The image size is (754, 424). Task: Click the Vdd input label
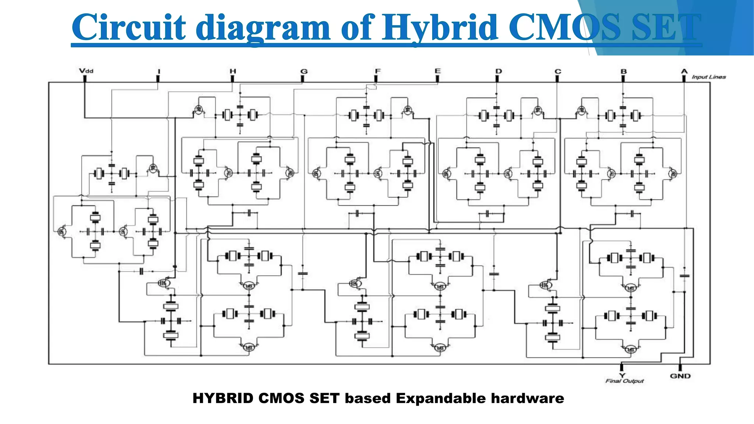(86, 70)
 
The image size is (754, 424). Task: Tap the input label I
(159, 71)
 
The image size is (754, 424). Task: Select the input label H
(233, 71)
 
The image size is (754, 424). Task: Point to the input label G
(304, 71)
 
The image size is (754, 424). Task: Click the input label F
(377, 71)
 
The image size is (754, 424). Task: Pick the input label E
(437, 71)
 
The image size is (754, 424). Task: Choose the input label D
(498, 71)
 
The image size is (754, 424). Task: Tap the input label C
(558, 71)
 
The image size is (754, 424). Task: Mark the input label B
(623, 71)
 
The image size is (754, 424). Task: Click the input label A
(684, 71)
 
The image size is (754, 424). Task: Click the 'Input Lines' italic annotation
(708, 77)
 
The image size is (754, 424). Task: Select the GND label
(680, 376)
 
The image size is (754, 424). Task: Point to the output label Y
(622, 375)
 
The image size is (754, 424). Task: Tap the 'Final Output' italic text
(624, 381)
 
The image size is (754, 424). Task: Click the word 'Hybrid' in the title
(440, 28)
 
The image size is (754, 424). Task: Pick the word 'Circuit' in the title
(129, 28)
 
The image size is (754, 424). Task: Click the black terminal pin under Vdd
(85, 78)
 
